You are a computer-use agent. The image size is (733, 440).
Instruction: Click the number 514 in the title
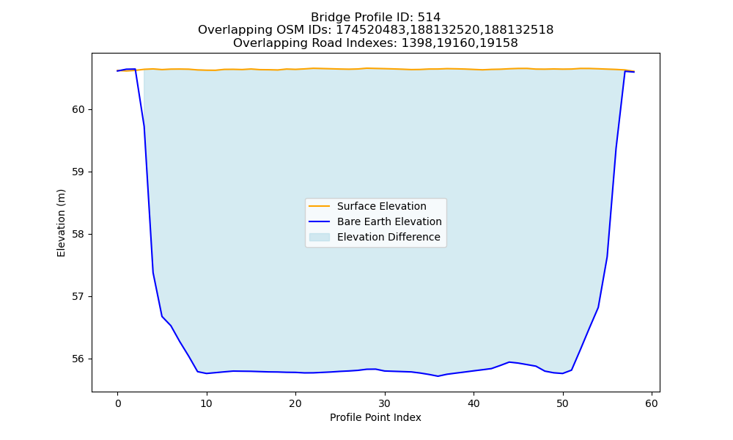click(x=429, y=18)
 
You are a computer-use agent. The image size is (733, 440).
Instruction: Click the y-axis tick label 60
click(x=78, y=110)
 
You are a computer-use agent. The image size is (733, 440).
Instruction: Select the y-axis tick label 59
click(x=78, y=172)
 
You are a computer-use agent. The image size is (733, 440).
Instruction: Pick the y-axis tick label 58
click(x=78, y=234)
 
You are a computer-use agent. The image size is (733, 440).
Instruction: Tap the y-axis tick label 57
click(x=78, y=297)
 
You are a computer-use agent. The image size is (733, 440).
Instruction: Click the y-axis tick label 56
click(x=78, y=359)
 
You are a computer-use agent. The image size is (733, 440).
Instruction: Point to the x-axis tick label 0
click(x=118, y=403)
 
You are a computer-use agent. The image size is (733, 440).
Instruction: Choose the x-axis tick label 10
click(x=207, y=403)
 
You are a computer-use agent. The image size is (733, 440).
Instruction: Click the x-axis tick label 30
click(x=385, y=403)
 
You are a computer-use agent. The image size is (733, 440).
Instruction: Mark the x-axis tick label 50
click(x=563, y=403)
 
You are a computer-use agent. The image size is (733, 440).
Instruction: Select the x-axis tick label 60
click(x=652, y=403)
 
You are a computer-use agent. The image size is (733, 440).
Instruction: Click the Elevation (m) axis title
click(x=61, y=223)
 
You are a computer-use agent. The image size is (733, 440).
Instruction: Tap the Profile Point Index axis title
click(x=375, y=417)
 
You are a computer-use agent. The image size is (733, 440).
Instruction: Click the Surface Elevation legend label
click(x=381, y=206)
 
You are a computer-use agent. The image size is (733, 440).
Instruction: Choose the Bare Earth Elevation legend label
click(x=389, y=221)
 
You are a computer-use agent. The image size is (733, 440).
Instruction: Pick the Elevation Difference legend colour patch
click(x=320, y=237)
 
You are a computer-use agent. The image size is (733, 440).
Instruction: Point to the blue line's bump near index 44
click(x=509, y=362)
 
